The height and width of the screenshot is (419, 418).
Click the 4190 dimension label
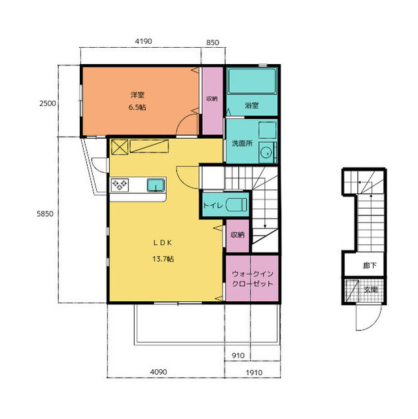[x=143, y=41]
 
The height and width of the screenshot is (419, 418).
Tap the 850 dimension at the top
[x=213, y=43]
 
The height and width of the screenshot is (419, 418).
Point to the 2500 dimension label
[x=48, y=103]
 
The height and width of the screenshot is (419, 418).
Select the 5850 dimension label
[x=45, y=214]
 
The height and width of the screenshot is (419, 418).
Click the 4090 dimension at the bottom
[x=158, y=372]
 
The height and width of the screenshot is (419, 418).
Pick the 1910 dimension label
[x=254, y=373]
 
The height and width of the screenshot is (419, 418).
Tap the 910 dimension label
[x=238, y=355]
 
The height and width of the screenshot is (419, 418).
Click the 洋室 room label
[x=137, y=95]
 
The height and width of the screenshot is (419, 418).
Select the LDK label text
[x=163, y=243]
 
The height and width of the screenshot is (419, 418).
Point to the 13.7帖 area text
[x=163, y=259]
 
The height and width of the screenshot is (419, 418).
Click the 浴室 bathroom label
[x=252, y=105]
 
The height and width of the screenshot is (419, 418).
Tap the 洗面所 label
[x=242, y=143]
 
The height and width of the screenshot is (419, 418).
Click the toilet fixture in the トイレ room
[x=237, y=205]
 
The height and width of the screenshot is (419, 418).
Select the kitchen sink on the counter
[x=156, y=185]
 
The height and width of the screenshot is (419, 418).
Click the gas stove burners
[x=120, y=185]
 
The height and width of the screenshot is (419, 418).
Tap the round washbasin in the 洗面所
[x=266, y=154]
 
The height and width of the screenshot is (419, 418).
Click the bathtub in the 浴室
[x=253, y=81]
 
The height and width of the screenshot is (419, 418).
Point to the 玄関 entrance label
[x=371, y=289]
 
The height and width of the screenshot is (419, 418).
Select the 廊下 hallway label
[x=370, y=265]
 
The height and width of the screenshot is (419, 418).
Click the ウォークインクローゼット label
[x=253, y=279]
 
